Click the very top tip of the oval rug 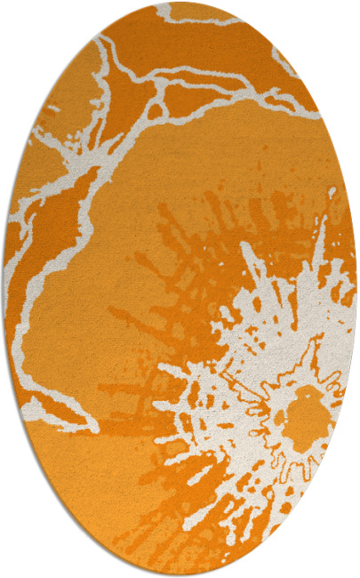(x=180, y=3)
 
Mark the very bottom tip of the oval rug (x=180, y=575)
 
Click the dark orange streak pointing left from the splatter (x=133, y=311)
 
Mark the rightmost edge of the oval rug (x=356, y=289)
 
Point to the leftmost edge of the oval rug (x=4, y=289)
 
